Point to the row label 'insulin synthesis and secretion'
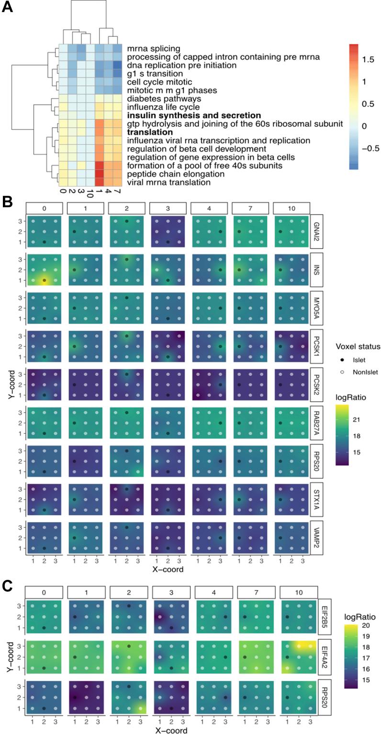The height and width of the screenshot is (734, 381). pyautogui.click(x=193, y=115)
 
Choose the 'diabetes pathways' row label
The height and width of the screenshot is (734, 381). pyautogui.click(x=157, y=99)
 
